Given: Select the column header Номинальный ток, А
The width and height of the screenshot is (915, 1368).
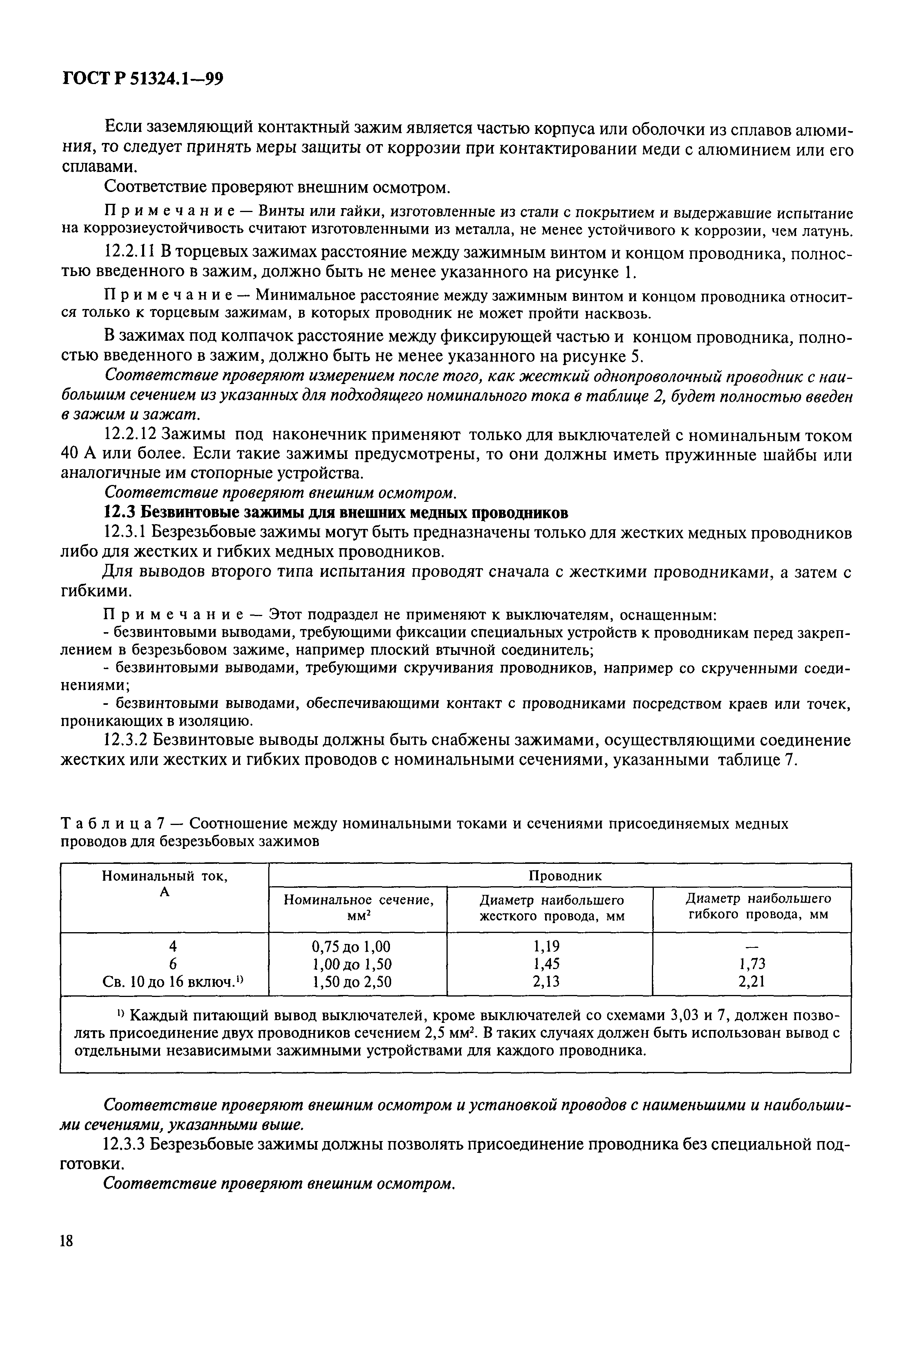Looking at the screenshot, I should click(x=165, y=884).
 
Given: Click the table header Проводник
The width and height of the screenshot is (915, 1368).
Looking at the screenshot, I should click(x=564, y=876).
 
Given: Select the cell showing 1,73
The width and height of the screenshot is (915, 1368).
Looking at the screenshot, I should click(x=752, y=964).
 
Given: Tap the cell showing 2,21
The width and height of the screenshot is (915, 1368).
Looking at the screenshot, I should click(x=752, y=982).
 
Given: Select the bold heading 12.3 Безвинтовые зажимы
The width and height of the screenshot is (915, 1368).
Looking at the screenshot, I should click(x=335, y=513).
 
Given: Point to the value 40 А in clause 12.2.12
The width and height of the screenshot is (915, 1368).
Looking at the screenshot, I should click(x=80, y=454).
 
